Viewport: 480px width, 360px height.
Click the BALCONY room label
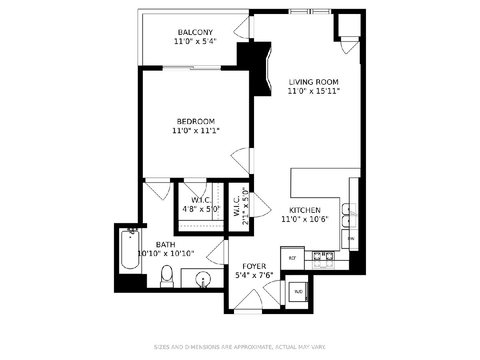[x=195, y=32]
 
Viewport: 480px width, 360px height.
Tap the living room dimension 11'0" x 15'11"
[x=314, y=91]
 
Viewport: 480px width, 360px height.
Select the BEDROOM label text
[x=196, y=121]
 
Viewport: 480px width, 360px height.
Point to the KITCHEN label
[x=305, y=210]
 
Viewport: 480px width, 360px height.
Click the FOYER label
[x=254, y=266]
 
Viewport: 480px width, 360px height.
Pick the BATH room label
[x=166, y=244]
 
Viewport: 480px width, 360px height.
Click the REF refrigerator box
[x=292, y=258]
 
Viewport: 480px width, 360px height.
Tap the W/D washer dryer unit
[x=298, y=292]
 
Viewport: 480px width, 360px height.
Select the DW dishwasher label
[x=351, y=239]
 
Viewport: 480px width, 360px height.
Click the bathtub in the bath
[x=130, y=249]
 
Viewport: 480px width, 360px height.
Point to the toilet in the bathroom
[x=167, y=276]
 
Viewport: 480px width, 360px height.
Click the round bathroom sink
[x=203, y=280]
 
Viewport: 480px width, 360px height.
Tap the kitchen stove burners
[x=323, y=260]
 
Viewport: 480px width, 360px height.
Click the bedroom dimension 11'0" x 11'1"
[x=196, y=131]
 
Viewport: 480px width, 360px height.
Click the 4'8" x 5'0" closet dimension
[x=202, y=209]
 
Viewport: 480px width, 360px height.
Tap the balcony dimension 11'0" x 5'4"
[x=195, y=41]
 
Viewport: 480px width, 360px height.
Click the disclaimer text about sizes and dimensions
[x=240, y=347]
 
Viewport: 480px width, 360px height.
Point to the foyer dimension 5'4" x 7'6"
[x=254, y=276]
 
